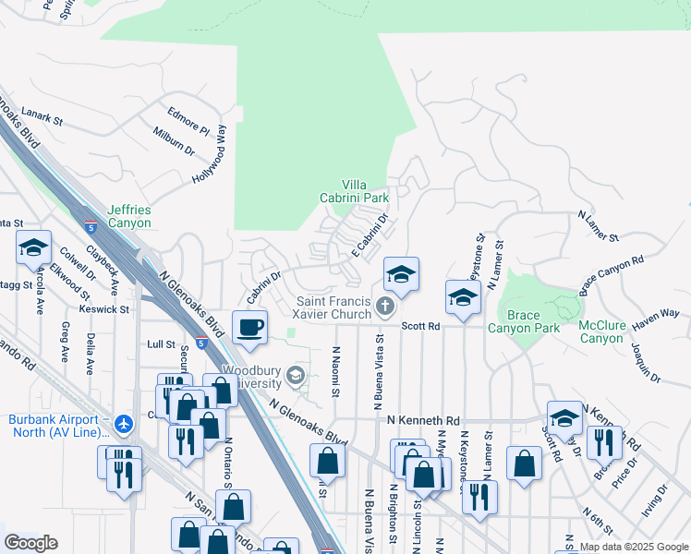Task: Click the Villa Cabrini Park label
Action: click(x=366, y=191)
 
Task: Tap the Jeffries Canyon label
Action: click(x=129, y=216)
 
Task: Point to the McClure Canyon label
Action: click(x=601, y=331)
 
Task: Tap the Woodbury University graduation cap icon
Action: click(x=295, y=374)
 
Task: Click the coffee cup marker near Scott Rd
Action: click(x=249, y=328)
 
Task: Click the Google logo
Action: click(x=30, y=543)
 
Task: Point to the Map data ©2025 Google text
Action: click(x=633, y=547)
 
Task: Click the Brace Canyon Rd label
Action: click(x=611, y=276)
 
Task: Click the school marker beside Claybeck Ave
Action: click(x=33, y=247)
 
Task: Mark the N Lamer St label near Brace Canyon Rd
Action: click(x=598, y=226)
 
